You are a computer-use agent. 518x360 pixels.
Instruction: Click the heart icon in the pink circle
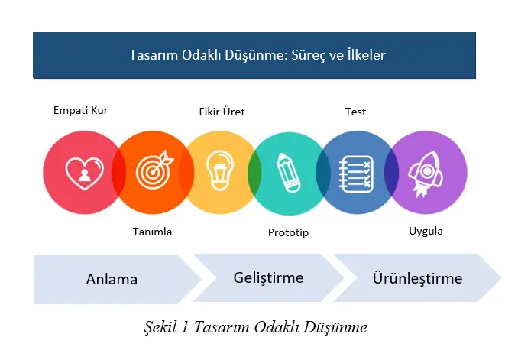pyautogui.click(x=84, y=173)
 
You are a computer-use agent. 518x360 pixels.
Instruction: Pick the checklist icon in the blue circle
pyautogui.click(x=355, y=172)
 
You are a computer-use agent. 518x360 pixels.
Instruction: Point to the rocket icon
pyautogui.click(x=425, y=172)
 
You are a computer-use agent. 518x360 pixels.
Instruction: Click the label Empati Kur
pyautogui.click(x=80, y=110)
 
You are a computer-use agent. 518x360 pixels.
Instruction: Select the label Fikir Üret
pyautogui.click(x=222, y=112)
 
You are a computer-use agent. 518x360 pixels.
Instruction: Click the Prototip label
pyautogui.click(x=288, y=232)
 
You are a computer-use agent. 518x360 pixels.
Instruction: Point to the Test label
pyautogui.click(x=355, y=112)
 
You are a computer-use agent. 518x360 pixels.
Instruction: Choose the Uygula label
pyautogui.click(x=426, y=231)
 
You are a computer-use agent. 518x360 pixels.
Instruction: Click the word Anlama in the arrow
pyautogui.click(x=112, y=279)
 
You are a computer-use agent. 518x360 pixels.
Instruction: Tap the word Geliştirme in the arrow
pyautogui.click(x=268, y=277)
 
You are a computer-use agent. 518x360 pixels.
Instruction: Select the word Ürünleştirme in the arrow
pyautogui.click(x=417, y=278)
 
